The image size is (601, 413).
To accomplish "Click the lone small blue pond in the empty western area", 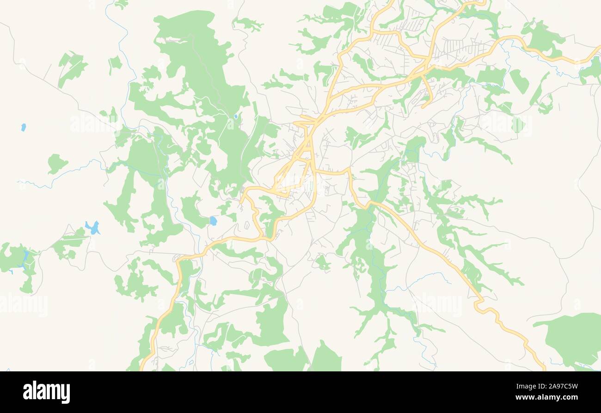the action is (x=23, y=127).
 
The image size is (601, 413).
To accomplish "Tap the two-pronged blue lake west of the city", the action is (x=93, y=228).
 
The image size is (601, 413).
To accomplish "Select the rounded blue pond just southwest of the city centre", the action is (x=213, y=221).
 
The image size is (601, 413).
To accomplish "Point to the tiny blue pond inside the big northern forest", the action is (x=236, y=117).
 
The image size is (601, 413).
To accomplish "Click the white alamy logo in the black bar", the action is (x=46, y=392).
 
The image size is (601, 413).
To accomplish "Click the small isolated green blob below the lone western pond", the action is (x=56, y=163).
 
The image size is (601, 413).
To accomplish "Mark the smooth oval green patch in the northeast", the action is (x=519, y=81).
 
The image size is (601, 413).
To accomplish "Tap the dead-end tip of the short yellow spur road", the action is (x=423, y=106).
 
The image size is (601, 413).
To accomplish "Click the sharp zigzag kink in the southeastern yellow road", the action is (x=478, y=303).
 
